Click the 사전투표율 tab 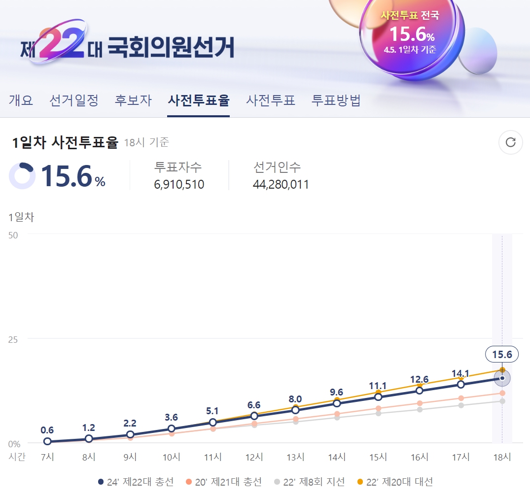pyautogui.click(x=198, y=100)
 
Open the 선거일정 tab pyautogui.click(x=74, y=100)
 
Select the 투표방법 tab pyautogui.click(x=336, y=100)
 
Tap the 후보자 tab pyautogui.click(x=133, y=100)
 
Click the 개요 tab pyautogui.click(x=21, y=100)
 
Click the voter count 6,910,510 pyautogui.click(x=179, y=185)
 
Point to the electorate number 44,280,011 pyautogui.click(x=281, y=185)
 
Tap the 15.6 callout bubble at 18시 pyautogui.click(x=502, y=354)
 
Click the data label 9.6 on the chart pyautogui.click(x=337, y=392)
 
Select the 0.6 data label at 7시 pyautogui.click(x=47, y=430)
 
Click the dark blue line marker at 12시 pyautogui.click(x=254, y=417)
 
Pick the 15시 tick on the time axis pyautogui.click(x=378, y=457)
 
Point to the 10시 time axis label pyautogui.click(x=172, y=457)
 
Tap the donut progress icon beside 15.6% pyautogui.click(x=22, y=176)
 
